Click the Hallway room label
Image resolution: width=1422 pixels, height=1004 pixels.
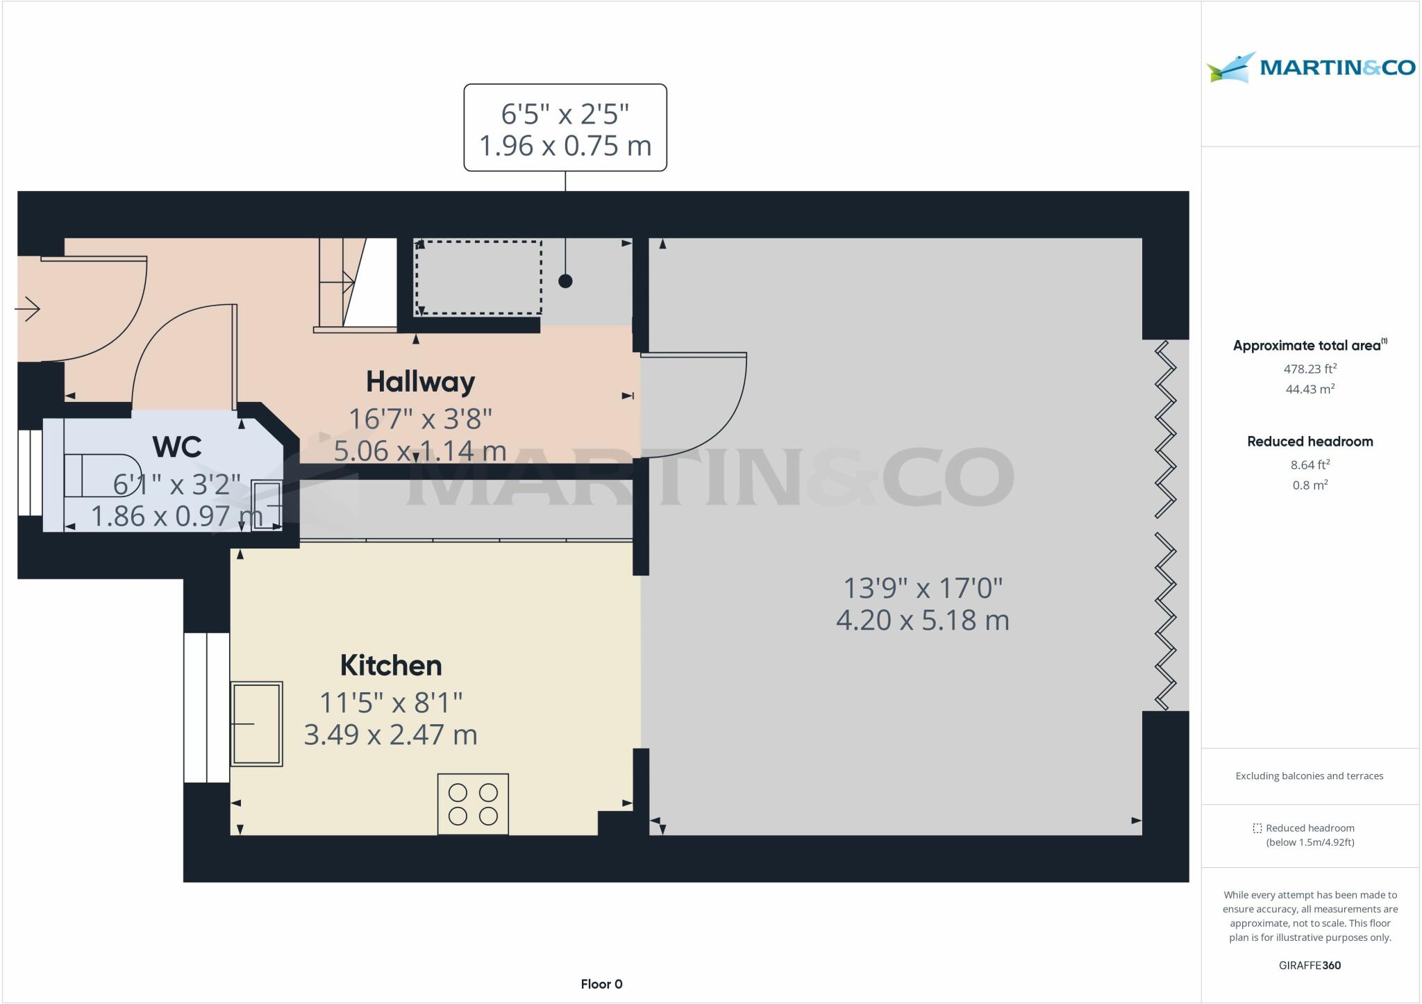click(420, 382)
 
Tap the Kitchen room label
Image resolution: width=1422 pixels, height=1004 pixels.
click(391, 666)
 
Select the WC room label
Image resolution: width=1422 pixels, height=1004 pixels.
click(177, 447)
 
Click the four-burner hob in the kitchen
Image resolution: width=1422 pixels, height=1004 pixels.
click(473, 804)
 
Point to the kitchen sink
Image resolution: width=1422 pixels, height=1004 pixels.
click(256, 723)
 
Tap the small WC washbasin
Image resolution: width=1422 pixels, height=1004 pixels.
click(266, 505)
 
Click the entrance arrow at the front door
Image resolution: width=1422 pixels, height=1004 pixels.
click(28, 309)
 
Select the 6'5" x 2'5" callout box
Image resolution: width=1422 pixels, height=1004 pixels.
click(565, 128)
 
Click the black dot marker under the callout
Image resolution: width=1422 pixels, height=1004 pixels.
click(565, 281)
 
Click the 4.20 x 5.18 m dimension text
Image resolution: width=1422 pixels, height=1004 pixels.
click(922, 620)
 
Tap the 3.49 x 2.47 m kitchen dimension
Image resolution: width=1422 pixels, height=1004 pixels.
click(390, 735)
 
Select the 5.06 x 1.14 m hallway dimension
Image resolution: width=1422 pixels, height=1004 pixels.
click(420, 451)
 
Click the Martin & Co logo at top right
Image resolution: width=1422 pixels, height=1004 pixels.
click(1310, 67)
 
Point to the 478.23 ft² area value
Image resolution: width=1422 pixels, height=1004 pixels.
click(1310, 369)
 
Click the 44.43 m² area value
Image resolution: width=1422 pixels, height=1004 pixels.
click(1310, 389)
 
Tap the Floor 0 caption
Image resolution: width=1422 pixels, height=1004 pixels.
click(601, 984)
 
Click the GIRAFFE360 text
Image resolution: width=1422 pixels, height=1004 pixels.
click(1310, 965)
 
